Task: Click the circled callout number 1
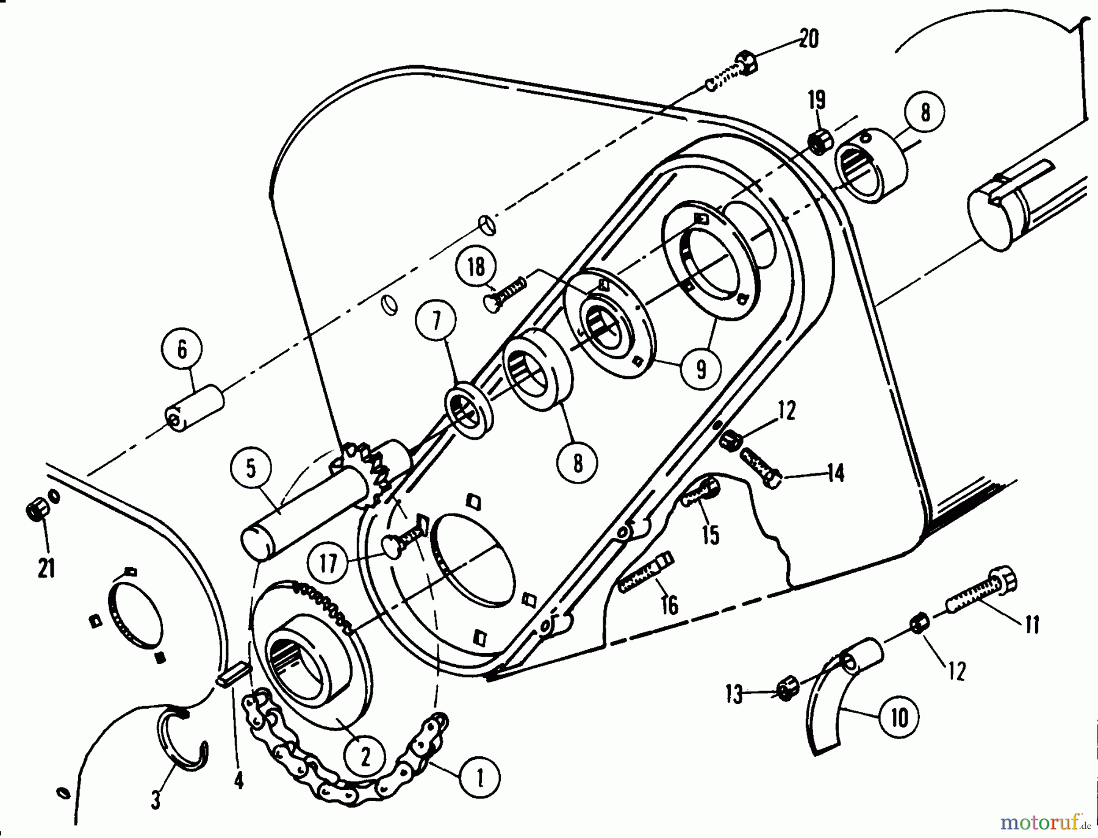pos(479,778)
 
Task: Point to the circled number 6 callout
pos(182,349)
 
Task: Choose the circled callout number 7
pos(436,321)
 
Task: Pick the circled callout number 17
pos(328,564)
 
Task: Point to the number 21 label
pos(46,568)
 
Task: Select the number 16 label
pos(670,605)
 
